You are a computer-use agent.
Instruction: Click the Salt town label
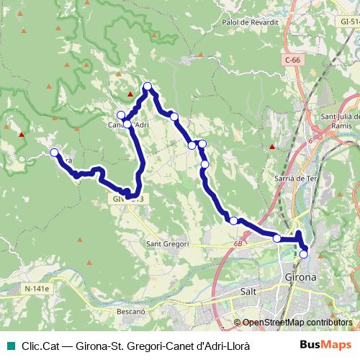click(247, 293)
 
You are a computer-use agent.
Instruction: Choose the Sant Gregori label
click(167, 244)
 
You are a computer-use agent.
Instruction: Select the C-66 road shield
click(292, 60)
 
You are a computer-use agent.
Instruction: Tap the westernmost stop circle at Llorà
click(55, 152)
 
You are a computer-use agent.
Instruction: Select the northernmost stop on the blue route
click(148, 87)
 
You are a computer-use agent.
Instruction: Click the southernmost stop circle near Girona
click(304, 253)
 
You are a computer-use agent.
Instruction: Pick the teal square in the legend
click(9, 346)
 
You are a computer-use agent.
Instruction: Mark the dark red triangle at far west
click(22, 134)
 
